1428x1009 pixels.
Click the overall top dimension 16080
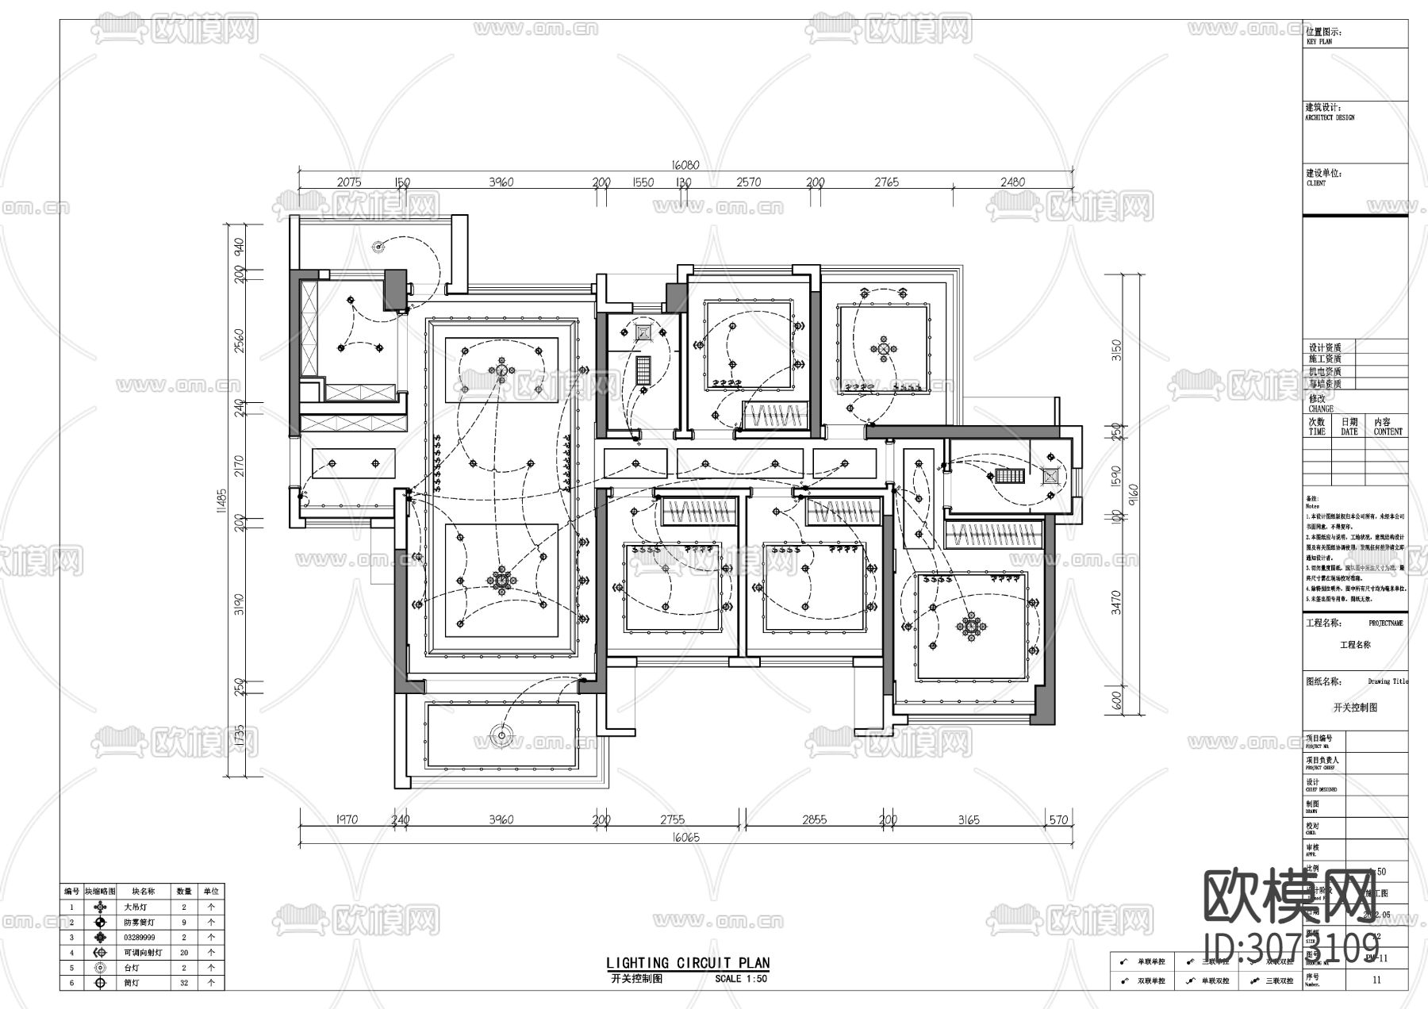click(x=685, y=165)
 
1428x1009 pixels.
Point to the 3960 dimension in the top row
click(x=501, y=182)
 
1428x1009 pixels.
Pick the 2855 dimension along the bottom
click(x=814, y=819)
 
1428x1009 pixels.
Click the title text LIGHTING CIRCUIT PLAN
click(x=688, y=963)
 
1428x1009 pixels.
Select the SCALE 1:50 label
click(x=741, y=979)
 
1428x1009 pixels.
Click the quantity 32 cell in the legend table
click(x=184, y=983)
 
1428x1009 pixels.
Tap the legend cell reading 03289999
click(x=140, y=938)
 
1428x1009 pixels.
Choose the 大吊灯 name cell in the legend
click(x=136, y=907)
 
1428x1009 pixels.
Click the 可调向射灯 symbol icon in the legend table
click(x=100, y=953)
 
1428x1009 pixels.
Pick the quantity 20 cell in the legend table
click(x=184, y=953)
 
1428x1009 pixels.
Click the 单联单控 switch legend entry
click(x=1150, y=961)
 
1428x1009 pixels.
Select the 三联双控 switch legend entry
click(x=1278, y=981)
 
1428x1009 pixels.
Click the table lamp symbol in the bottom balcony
click(x=501, y=735)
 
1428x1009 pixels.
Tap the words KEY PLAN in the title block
click(x=1319, y=41)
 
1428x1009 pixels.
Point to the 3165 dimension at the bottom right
click(x=969, y=819)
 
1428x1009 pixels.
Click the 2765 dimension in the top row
click(x=886, y=182)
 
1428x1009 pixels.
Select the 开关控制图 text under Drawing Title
click(x=1355, y=707)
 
